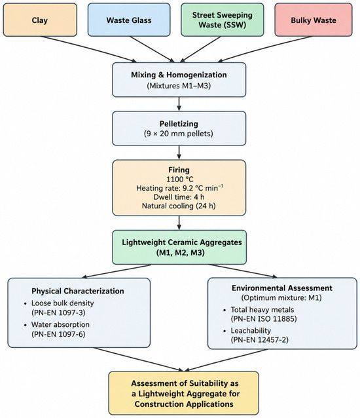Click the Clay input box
(40, 20)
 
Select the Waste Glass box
(129, 20)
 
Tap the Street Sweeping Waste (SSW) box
(223, 20)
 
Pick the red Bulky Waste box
(314, 20)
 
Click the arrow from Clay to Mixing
(88, 49)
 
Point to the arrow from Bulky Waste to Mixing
(264, 49)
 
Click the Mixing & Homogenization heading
(179, 75)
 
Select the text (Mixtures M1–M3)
(179, 86)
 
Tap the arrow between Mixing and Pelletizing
(179, 104)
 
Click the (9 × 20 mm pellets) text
(179, 133)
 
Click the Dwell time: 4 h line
(179, 197)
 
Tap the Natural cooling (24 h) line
(179, 206)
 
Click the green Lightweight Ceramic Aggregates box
(179, 247)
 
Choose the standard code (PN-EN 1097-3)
(58, 313)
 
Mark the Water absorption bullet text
(60, 324)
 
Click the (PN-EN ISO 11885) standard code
(264, 318)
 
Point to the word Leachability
(251, 331)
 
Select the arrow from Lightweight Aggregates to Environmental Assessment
(243, 271)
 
